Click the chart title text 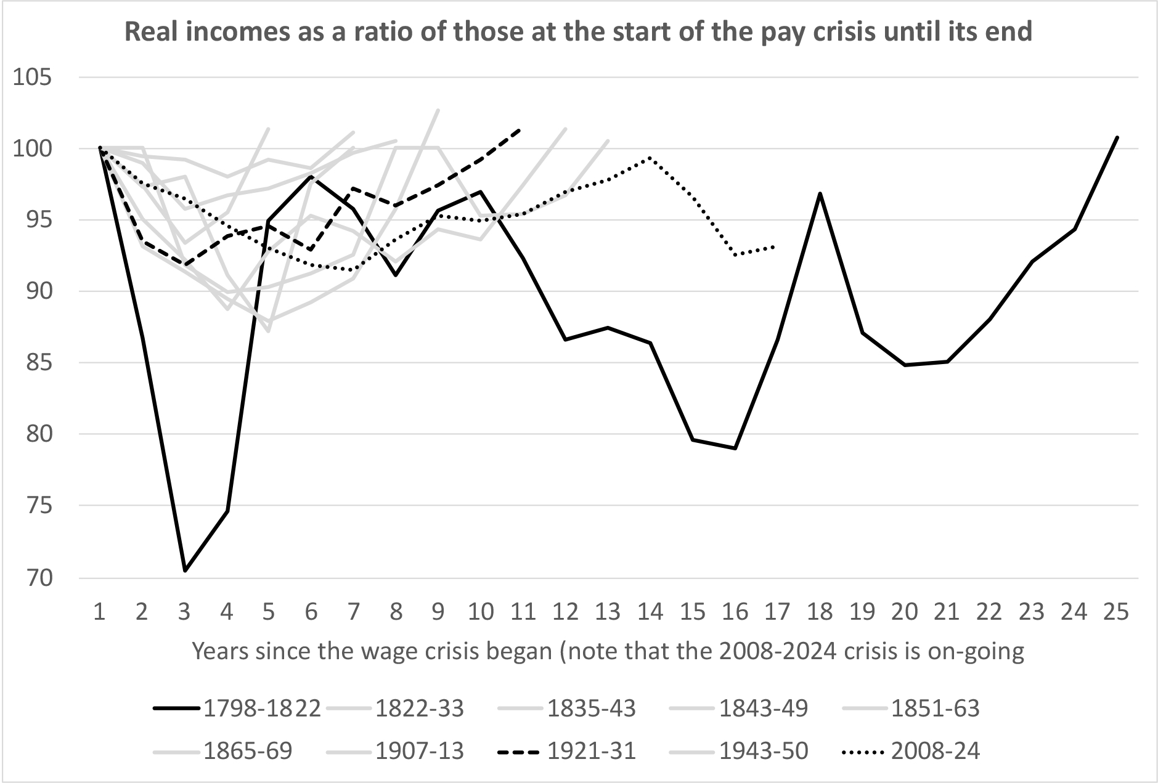578,31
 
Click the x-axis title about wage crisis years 608,652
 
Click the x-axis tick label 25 1116,612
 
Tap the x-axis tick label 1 99,612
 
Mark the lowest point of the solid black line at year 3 184,571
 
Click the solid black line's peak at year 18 820,193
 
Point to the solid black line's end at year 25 1117,137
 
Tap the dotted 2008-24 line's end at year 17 774,247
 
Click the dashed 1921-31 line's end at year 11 521,129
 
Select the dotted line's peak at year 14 650,158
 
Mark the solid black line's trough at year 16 736,448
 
